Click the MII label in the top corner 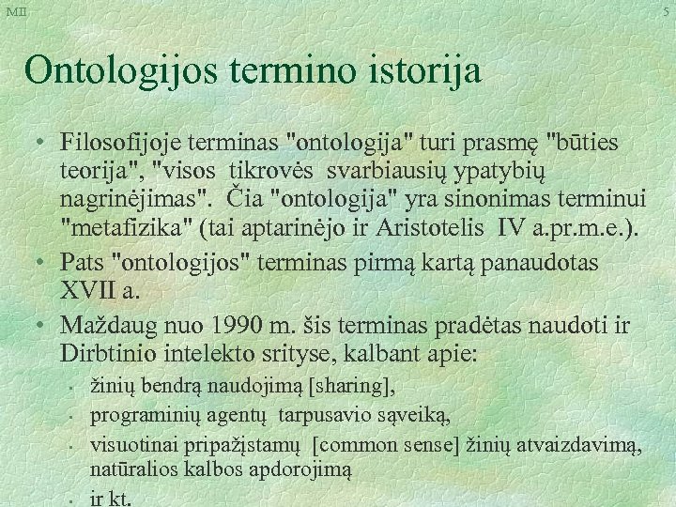(17, 10)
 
